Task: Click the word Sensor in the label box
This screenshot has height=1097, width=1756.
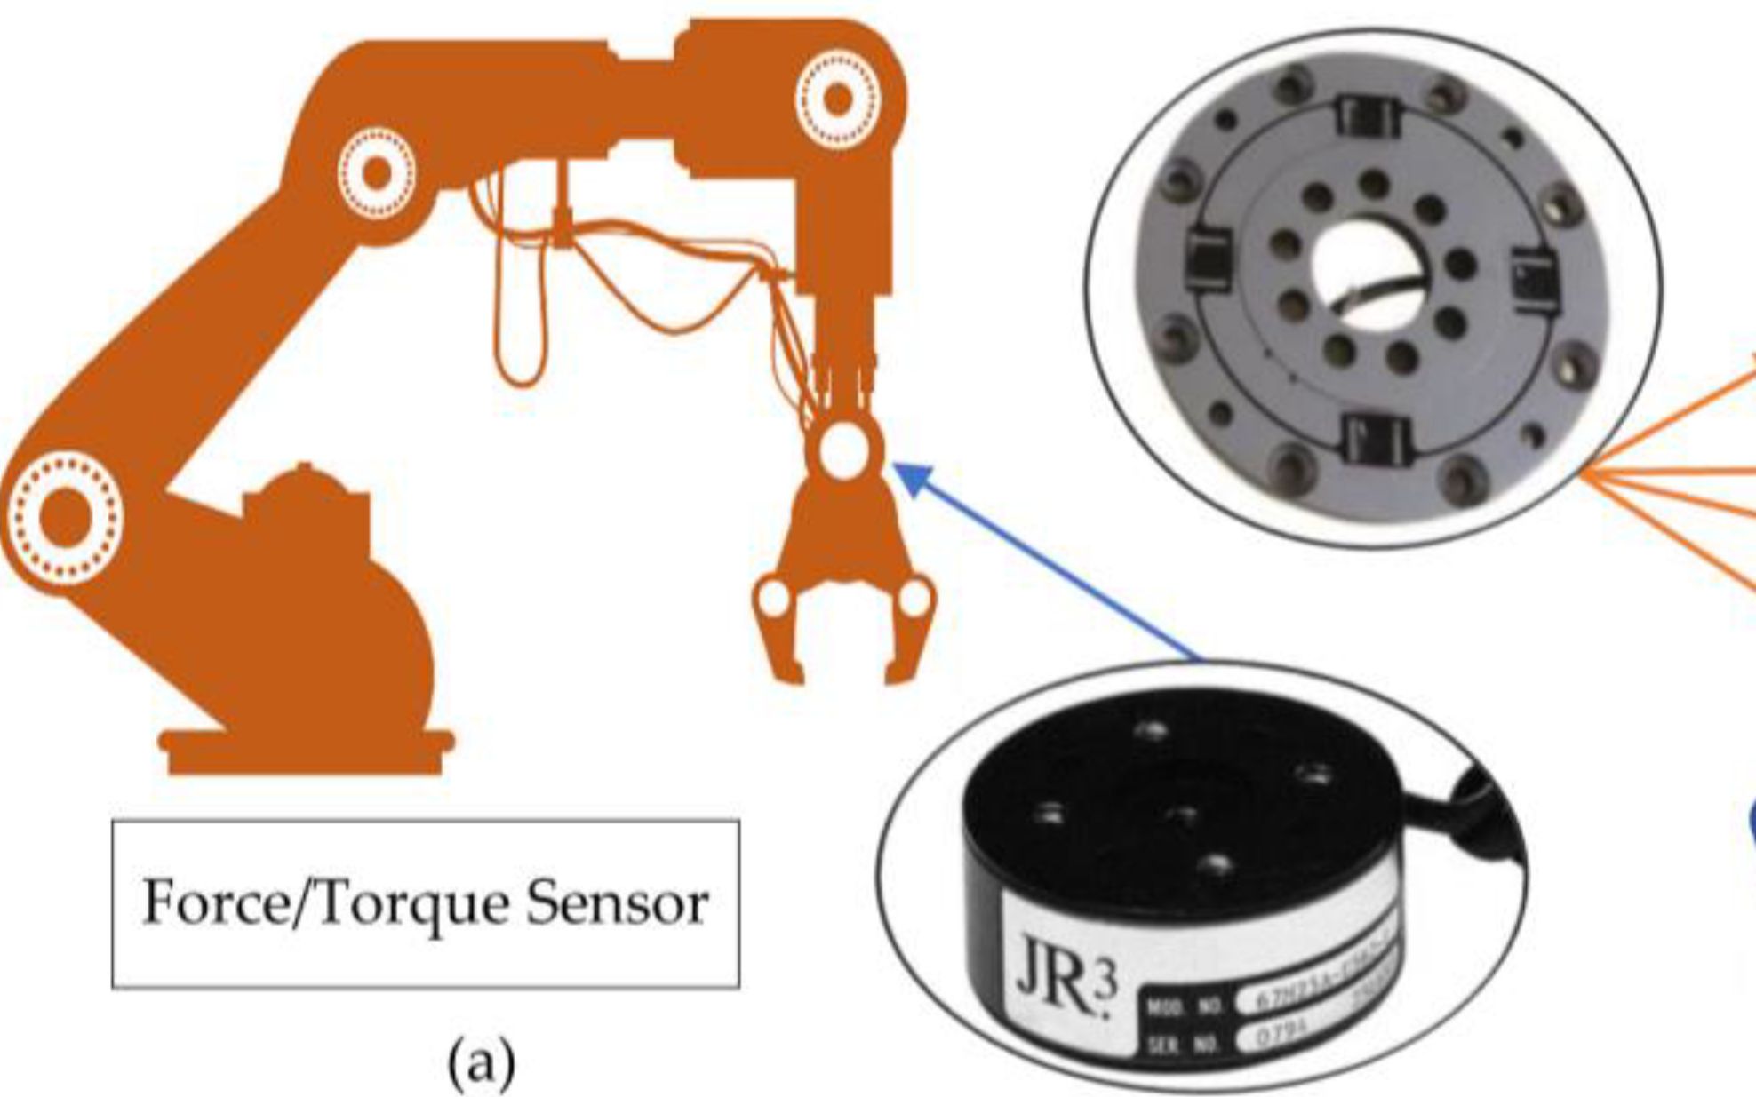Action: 617,902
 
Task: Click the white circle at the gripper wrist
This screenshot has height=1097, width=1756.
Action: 842,451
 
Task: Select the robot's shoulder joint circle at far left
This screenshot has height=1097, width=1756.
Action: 64,517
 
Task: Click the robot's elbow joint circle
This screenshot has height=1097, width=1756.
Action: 377,172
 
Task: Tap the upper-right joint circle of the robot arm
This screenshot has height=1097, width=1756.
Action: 837,99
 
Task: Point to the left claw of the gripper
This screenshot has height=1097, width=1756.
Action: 779,631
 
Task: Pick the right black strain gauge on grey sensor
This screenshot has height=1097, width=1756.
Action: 1534,277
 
